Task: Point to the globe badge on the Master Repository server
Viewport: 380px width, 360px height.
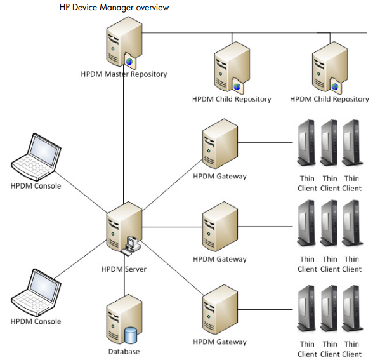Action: click(130, 61)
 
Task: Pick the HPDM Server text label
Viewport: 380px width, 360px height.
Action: click(124, 269)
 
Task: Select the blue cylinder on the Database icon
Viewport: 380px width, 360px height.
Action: click(131, 333)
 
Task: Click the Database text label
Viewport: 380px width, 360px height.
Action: click(124, 351)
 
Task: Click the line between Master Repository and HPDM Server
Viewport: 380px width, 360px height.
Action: click(124, 140)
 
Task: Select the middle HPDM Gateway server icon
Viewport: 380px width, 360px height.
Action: click(219, 228)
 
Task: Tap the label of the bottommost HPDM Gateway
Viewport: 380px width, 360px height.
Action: click(219, 342)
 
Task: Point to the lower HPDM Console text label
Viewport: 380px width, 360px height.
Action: click(36, 321)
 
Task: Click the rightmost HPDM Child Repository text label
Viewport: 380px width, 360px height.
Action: click(329, 99)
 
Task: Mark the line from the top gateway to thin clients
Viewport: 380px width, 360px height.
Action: click(266, 142)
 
